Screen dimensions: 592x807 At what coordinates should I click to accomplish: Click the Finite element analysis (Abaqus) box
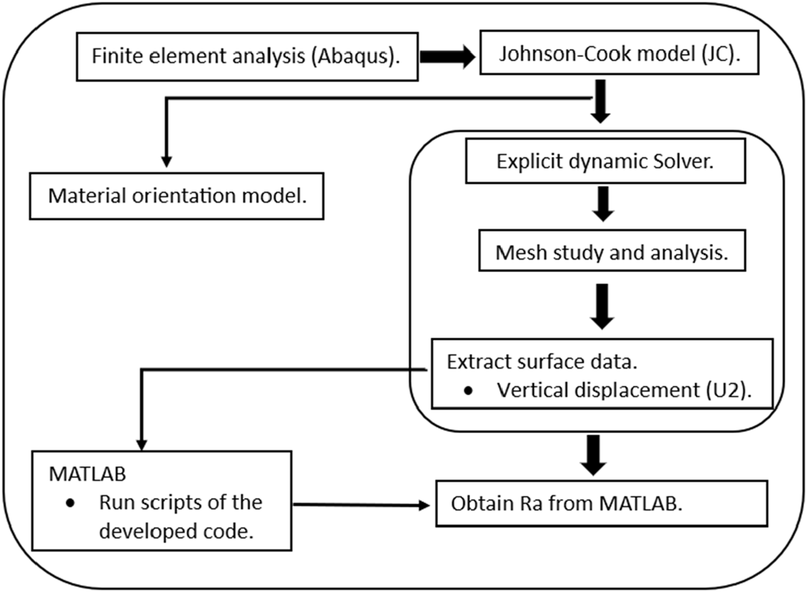coord(246,57)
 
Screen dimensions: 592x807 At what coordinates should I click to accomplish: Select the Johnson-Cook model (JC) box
coord(619,55)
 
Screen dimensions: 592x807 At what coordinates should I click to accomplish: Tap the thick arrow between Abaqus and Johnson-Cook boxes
coord(447,57)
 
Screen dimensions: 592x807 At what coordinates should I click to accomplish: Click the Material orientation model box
coord(177,197)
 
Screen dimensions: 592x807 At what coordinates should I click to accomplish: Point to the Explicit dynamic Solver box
coord(605,162)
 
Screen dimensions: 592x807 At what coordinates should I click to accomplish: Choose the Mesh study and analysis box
coord(612,252)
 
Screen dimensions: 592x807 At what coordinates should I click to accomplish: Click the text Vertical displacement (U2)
coord(624,391)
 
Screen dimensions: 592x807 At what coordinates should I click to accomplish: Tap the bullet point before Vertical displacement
coord(468,391)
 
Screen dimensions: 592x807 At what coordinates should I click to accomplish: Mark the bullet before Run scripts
coord(71,503)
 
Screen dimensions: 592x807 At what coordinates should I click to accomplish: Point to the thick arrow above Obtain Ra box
coord(594,454)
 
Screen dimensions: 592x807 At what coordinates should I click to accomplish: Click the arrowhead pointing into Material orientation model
coord(166,161)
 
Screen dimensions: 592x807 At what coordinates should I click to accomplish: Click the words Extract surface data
coord(542,362)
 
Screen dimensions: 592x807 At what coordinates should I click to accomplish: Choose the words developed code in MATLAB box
coord(176,532)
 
